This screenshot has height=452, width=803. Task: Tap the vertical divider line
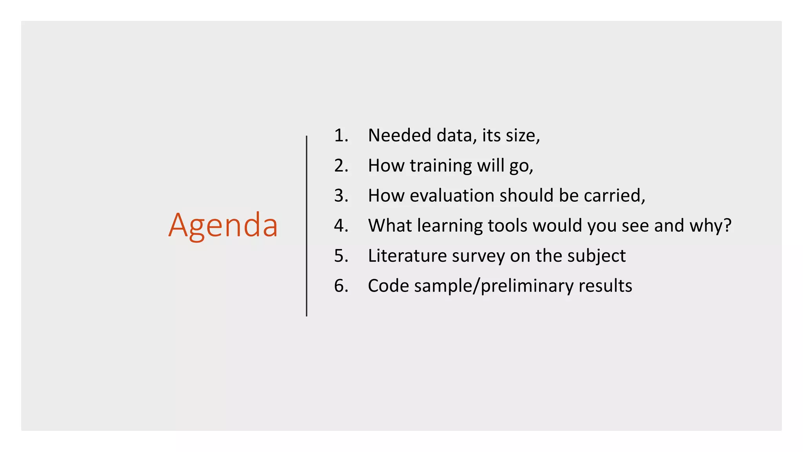click(307, 226)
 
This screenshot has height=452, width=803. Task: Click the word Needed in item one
click(400, 135)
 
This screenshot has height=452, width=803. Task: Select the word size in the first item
click(522, 135)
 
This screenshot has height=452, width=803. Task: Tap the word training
click(441, 166)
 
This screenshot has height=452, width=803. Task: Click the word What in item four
click(390, 226)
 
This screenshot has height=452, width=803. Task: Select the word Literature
click(407, 256)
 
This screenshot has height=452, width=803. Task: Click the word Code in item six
click(389, 286)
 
